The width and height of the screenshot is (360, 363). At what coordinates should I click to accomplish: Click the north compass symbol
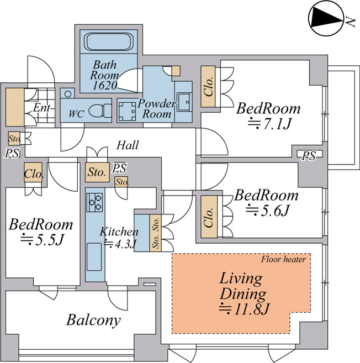tap(326, 19)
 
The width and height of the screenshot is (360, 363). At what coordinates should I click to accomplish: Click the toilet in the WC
tap(99, 111)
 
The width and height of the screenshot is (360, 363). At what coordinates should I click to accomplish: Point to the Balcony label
tap(94, 319)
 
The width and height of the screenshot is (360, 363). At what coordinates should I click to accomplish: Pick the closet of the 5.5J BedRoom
tap(33, 173)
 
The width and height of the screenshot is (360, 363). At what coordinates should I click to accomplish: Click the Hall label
tap(128, 146)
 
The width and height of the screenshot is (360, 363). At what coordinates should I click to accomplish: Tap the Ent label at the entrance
tap(40, 108)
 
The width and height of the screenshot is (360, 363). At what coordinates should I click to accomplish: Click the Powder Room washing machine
tap(128, 109)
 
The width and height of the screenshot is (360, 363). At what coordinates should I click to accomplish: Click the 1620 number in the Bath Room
tap(105, 85)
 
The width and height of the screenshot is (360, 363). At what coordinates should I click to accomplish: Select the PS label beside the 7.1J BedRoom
tap(309, 156)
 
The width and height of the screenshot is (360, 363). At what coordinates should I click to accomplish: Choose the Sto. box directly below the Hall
tap(97, 172)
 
